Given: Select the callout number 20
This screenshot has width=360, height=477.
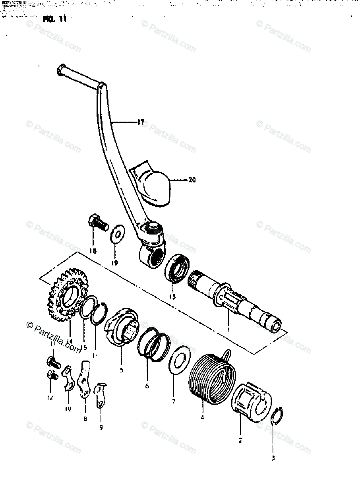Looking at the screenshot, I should [192, 180].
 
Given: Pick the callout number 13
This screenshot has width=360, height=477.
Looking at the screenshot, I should [172, 297].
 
